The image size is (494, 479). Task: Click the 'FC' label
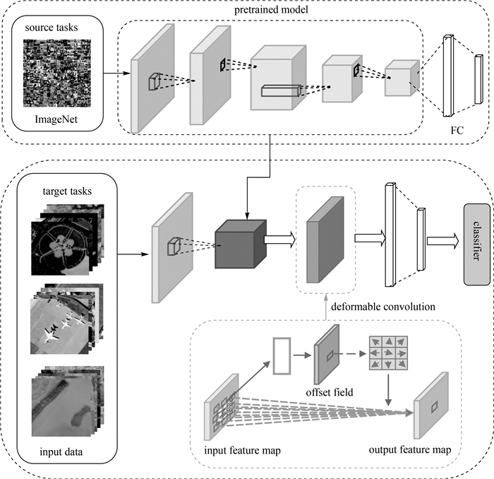point(457,131)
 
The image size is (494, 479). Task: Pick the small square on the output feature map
point(435,406)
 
